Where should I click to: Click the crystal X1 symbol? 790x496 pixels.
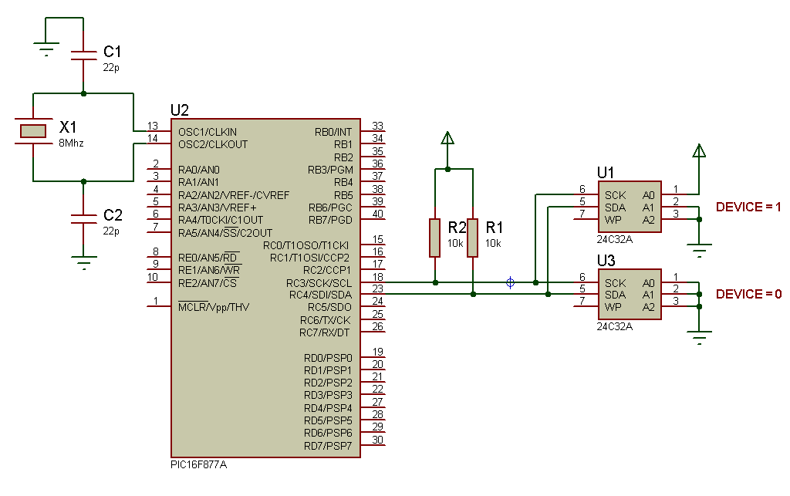pyautogui.click(x=33, y=131)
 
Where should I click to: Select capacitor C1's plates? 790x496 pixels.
pyautogui.click(x=83, y=56)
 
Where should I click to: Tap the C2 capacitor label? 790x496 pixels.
pyautogui.click(x=113, y=215)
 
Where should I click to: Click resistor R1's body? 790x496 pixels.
pyautogui.click(x=472, y=237)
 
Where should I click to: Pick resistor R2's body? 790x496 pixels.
pyautogui.click(x=435, y=237)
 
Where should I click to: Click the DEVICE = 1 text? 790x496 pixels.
pyautogui.click(x=748, y=208)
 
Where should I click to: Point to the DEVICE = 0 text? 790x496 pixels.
pyautogui.click(x=748, y=294)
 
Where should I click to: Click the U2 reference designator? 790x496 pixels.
pyautogui.click(x=179, y=110)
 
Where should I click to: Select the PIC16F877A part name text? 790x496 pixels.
pyautogui.click(x=198, y=466)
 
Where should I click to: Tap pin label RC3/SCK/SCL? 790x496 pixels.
pyautogui.click(x=319, y=283)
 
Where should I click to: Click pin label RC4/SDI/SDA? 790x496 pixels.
pyautogui.click(x=320, y=295)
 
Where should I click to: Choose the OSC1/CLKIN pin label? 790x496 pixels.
pyautogui.click(x=208, y=132)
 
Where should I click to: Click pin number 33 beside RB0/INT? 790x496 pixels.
pyautogui.click(x=377, y=126)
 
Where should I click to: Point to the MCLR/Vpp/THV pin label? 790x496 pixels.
pyautogui.click(x=214, y=307)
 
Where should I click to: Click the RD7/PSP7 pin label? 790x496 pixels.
pyautogui.click(x=328, y=446)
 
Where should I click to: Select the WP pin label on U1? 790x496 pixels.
pyautogui.click(x=614, y=221)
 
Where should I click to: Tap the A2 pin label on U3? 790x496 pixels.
pyautogui.click(x=648, y=307)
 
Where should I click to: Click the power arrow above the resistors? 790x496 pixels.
pyautogui.click(x=447, y=139)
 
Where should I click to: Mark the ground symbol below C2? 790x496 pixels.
pyautogui.click(x=83, y=261)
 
